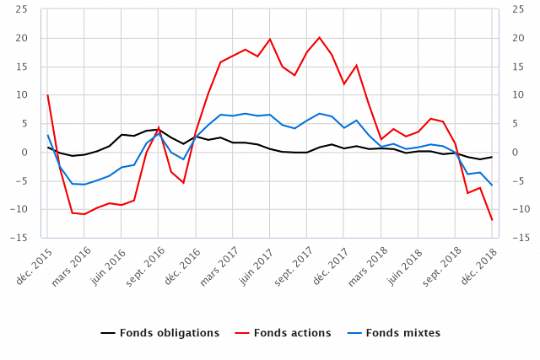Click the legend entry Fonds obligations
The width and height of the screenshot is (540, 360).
point(170,333)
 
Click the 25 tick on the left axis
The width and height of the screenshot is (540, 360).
point(21,10)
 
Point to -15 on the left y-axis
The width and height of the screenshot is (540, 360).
point(19,238)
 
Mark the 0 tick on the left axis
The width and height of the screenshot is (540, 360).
point(24,153)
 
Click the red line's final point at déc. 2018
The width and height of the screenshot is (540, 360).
point(492,220)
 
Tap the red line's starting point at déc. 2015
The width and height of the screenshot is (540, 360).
point(47,95)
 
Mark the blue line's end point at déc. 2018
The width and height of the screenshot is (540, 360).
point(492,185)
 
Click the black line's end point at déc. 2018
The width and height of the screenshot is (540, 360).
point(492,157)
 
